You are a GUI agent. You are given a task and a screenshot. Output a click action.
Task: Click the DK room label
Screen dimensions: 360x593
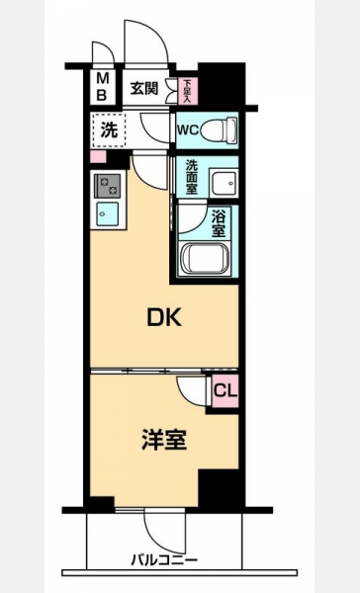(x=164, y=317)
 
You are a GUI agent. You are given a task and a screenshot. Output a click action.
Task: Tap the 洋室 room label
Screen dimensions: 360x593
(x=164, y=440)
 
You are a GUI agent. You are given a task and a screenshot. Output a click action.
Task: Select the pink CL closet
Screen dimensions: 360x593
(x=225, y=391)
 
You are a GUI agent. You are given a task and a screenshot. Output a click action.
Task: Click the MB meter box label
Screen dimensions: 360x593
(x=102, y=87)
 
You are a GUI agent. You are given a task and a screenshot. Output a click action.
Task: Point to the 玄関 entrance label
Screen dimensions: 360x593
(x=144, y=89)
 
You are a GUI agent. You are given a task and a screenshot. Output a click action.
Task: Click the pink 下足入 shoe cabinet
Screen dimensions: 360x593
(x=187, y=91)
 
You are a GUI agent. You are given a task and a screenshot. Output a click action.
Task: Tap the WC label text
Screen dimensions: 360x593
(x=188, y=130)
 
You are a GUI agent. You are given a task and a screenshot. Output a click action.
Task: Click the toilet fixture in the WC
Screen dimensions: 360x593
(x=219, y=129)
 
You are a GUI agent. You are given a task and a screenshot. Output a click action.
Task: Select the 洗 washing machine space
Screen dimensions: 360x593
(x=109, y=130)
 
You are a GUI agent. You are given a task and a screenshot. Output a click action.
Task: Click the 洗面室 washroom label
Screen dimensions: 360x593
(x=192, y=177)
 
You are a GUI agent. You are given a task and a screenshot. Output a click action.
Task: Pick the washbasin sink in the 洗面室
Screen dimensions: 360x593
(x=224, y=182)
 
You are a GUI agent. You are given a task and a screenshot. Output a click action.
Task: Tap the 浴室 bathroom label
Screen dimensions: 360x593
(x=219, y=224)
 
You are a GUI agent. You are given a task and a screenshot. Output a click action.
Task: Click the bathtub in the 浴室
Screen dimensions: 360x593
(x=205, y=258)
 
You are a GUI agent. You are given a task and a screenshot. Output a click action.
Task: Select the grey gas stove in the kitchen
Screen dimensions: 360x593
(x=108, y=186)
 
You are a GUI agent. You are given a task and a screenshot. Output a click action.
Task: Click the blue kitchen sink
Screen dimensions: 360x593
(x=107, y=214)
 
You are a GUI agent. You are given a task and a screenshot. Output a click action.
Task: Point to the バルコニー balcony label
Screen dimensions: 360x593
(x=164, y=560)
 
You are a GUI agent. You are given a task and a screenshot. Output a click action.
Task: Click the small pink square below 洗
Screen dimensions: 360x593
(x=98, y=156)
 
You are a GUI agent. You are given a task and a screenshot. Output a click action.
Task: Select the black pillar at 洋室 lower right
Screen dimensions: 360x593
(x=221, y=488)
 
